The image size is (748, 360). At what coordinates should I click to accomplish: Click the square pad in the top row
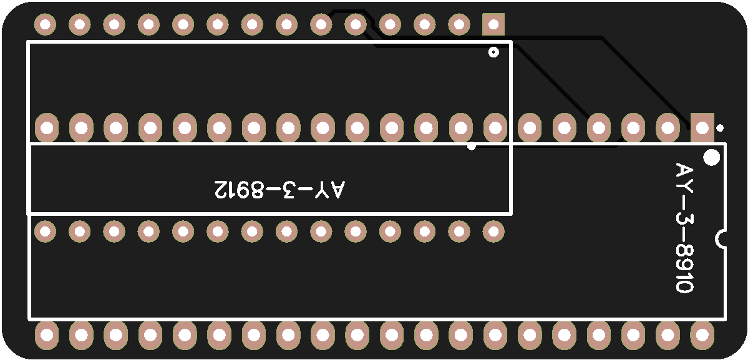pyautogui.click(x=493, y=25)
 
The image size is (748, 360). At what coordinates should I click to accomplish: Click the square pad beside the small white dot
pyautogui.click(x=702, y=129)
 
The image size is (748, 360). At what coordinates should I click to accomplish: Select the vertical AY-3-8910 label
pyautogui.click(x=684, y=228)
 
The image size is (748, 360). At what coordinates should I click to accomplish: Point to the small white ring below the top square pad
pyautogui.click(x=493, y=52)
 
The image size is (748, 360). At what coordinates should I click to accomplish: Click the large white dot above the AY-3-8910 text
pyautogui.click(x=711, y=157)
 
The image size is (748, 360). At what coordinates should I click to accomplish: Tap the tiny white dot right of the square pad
pyautogui.click(x=720, y=128)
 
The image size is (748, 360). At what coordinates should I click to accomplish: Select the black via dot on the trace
pyautogui.click(x=472, y=147)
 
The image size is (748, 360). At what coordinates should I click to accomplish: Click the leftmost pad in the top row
pyautogui.click(x=45, y=25)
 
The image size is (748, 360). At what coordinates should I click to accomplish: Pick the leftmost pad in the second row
pyautogui.click(x=46, y=129)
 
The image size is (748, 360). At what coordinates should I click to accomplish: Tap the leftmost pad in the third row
pyautogui.click(x=45, y=232)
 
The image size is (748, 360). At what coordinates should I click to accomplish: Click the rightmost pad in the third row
pyautogui.click(x=493, y=232)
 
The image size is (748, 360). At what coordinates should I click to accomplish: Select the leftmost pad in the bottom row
pyautogui.click(x=46, y=336)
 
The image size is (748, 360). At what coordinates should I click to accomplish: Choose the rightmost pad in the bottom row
pyautogui.click(x=702, y=336)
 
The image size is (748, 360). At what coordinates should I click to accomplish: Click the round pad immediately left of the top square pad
pyautogui.click(x=459, y=25)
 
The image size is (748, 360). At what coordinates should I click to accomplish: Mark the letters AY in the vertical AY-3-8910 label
pyautogui.click(x=684, y=178)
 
